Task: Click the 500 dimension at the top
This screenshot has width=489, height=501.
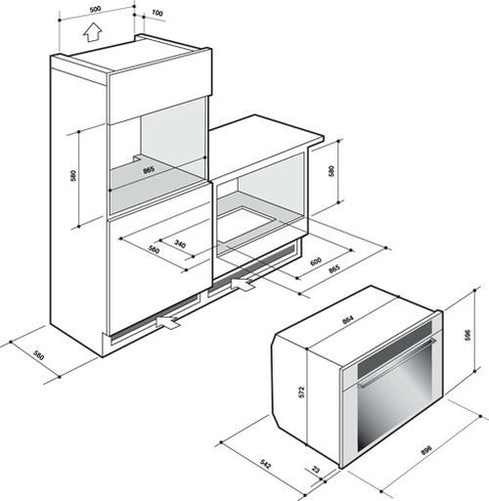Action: [x=95, y=10]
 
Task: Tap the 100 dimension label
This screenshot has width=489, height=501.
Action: [x=157, y=13]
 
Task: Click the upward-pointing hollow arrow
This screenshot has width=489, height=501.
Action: [x=93, y=32]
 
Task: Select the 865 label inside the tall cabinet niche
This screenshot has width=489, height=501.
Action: [x=149, y=170]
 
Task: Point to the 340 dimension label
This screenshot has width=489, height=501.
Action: [x=180, y=244]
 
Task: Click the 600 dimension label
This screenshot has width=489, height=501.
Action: [x=316, y=261]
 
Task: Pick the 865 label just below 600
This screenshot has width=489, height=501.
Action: [x=334, y=269]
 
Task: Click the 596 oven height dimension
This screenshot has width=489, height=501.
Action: [x=467, y=336]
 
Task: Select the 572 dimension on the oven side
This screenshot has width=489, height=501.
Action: [x=301, y=392]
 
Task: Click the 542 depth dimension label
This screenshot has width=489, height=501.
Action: [x=266, y=464]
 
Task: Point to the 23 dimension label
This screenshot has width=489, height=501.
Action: [x=316, y=470]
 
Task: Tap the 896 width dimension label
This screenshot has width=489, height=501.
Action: [x=426, y=450]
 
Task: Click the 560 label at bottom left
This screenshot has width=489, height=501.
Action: [x=38, y=355]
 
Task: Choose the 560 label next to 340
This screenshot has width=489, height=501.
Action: [x=154, y=250]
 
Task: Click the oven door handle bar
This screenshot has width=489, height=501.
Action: [x=397, y=363]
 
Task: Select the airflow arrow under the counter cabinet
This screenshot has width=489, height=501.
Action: [x=243, y=285]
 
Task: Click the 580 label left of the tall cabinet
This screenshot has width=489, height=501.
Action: [x=73, y=176]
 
